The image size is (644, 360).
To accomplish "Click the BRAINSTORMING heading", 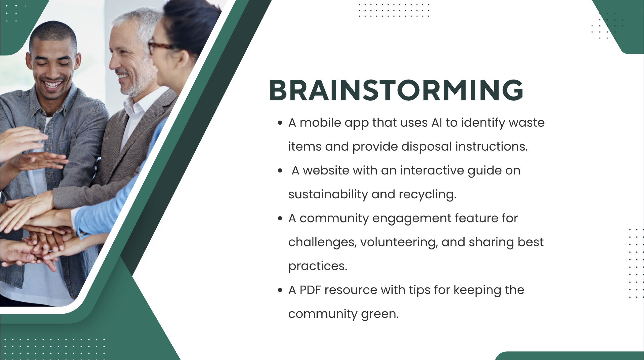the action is [x=396, y=90].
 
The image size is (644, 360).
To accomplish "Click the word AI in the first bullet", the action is [x=437, y=123].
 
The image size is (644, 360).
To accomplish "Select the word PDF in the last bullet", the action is [x=310, y=290].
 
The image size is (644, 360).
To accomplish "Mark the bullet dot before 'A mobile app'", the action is [x=280, y=123].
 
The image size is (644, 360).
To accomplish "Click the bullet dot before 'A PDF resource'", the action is [x=280, y=290].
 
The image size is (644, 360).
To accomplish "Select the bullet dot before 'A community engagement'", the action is [x=280, y=219].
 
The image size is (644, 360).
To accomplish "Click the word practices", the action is [x=318, y=266].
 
